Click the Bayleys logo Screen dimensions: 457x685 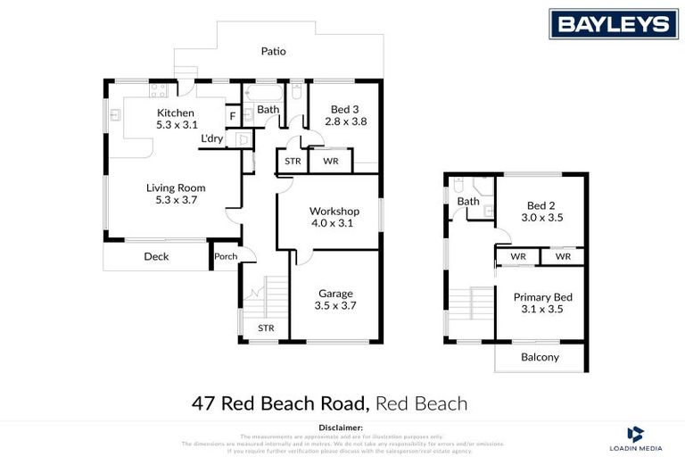[x=613, y=23]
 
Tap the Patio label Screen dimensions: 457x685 [x=273, y=51]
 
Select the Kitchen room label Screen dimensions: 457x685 [x=175, y=112]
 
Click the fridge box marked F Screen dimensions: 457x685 [x=233, y=116]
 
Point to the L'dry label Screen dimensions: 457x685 [x=212, y=138]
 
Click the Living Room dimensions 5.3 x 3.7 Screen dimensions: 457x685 [x=176, y=201]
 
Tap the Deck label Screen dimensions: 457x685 [x=156, y=257]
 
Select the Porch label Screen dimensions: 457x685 [x=226, y=257]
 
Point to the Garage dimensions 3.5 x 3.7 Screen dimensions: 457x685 [x=335, y=305]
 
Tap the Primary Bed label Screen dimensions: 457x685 [x=542, y=297]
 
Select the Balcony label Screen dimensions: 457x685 [x=541, y=357]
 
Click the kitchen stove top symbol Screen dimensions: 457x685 [x=159, y=89]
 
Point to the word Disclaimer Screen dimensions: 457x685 [x=342, y=428]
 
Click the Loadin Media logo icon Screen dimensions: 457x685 [x=636, y=434]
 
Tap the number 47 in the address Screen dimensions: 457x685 [x=203, y=403]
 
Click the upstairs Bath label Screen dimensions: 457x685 [x=469, y=202]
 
